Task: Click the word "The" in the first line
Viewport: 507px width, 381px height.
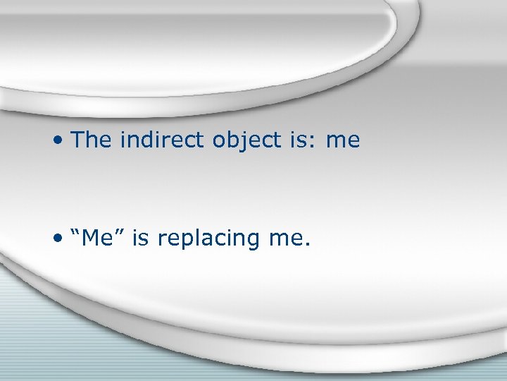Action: coord(92,140)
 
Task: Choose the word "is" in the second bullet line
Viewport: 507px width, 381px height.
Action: coord(140,238)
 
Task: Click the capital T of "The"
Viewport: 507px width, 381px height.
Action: coord(79,140)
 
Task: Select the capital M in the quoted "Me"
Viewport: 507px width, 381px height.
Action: coord(94,238)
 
